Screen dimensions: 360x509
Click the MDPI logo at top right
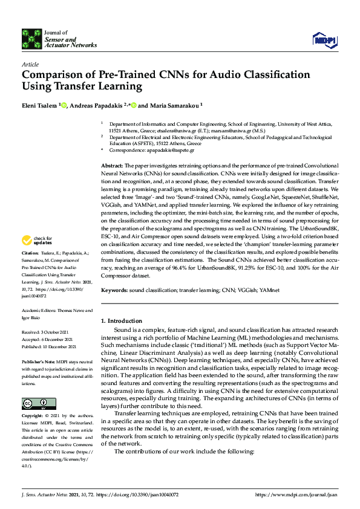pos(324,40)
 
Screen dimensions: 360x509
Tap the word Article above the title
pos(30,64)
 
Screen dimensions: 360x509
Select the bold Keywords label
pos(114,290)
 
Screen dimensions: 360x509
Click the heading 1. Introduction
pos(121,320)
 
